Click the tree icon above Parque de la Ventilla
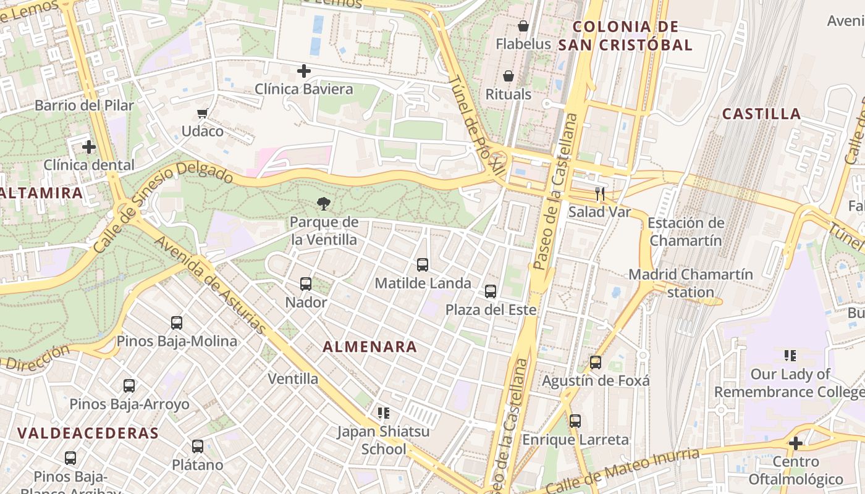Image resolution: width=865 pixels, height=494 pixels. [323, 203]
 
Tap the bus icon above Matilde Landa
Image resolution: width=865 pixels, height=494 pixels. [423, 265]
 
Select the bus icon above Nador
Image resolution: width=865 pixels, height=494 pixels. [306, 284]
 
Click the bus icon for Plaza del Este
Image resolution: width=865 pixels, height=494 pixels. [491, 291]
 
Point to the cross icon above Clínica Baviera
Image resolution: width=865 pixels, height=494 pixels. [303, 71]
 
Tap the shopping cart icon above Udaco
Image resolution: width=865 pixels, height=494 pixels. [201, 113]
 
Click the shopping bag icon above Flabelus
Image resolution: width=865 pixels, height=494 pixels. [523, 26]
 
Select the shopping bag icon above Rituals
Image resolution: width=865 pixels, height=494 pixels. [508, 76]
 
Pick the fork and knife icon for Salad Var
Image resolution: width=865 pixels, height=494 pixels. [599, 194]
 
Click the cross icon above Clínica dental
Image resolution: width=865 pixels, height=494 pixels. [89, 147]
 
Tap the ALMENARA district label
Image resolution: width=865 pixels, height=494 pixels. [370, 347]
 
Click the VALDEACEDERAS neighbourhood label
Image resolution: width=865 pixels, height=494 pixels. [88, 433]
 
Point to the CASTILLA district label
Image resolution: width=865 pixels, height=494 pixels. [761, 114]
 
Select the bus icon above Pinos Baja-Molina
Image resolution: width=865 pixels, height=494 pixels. [177, 323]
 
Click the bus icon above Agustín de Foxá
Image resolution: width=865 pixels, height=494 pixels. [596, 362]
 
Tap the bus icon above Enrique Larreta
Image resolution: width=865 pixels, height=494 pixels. [575, 421]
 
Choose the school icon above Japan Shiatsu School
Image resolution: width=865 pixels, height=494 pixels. [383, 412]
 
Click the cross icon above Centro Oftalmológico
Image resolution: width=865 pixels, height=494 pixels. [796, 443]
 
